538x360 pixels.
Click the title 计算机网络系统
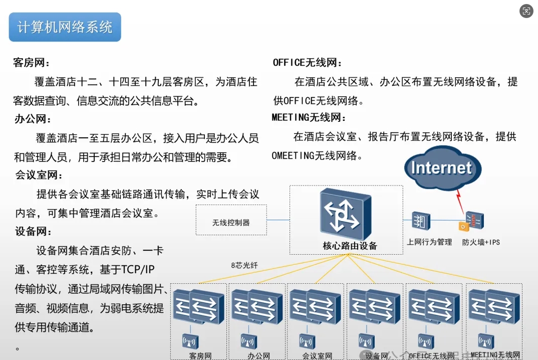[x=65, y=27]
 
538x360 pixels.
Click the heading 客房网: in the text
[x=32, y=63]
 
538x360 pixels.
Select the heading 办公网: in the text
[x=33, y=119]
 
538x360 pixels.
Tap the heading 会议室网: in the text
[x=40, y=175]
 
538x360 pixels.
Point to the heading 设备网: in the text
[x=34, y=232]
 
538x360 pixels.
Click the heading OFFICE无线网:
[x=307, y=63]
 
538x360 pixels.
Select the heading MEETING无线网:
[x=309, y=118]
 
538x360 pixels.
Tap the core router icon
[x=346, y=214]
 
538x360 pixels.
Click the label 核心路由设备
[x=350, y=246]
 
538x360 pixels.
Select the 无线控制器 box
[x=231, y=221]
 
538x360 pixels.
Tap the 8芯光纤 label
[x=244, y=265]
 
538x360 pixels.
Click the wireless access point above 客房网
[x=190, y=341]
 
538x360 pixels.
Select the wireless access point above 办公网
[x=248, y=341]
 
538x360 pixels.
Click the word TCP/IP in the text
[x=138, y=270]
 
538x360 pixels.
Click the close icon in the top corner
[x=526, y=11]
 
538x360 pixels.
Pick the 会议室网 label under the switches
[x=317, y=356]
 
